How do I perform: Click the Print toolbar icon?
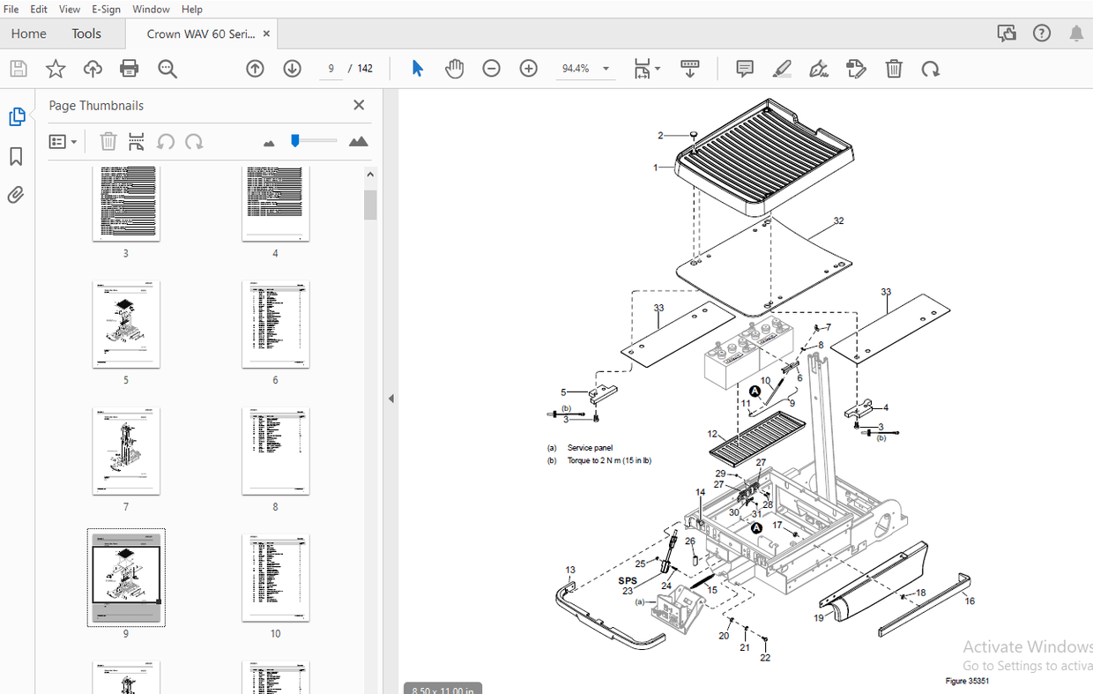(x=130, y=69)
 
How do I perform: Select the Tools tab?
(x=86, y=34)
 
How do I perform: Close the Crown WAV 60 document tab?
(x=266, y=34)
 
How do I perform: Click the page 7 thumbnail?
(x=126, y=451)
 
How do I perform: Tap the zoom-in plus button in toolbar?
(x=528, y=69)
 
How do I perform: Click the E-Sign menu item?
(x=106, y=9)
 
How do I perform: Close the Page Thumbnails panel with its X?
(x=359, y=105)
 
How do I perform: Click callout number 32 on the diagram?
(x=838, y=220)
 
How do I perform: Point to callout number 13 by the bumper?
(x=570, y=571)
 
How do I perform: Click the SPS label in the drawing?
(x=628, y=580)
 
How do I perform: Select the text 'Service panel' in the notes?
(x=590, y=448)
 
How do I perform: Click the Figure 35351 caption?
(x=967, y=681)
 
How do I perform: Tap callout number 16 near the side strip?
(x=970, y=601)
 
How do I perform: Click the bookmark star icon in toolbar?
(x=56, y=69)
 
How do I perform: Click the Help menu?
(x=191, y=9)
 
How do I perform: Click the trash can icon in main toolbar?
(x=894, y=69)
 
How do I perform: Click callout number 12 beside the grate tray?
(x=712, y=434)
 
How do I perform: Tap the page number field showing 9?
(x=331, y=69)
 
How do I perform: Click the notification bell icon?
(x=1076, y=34)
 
